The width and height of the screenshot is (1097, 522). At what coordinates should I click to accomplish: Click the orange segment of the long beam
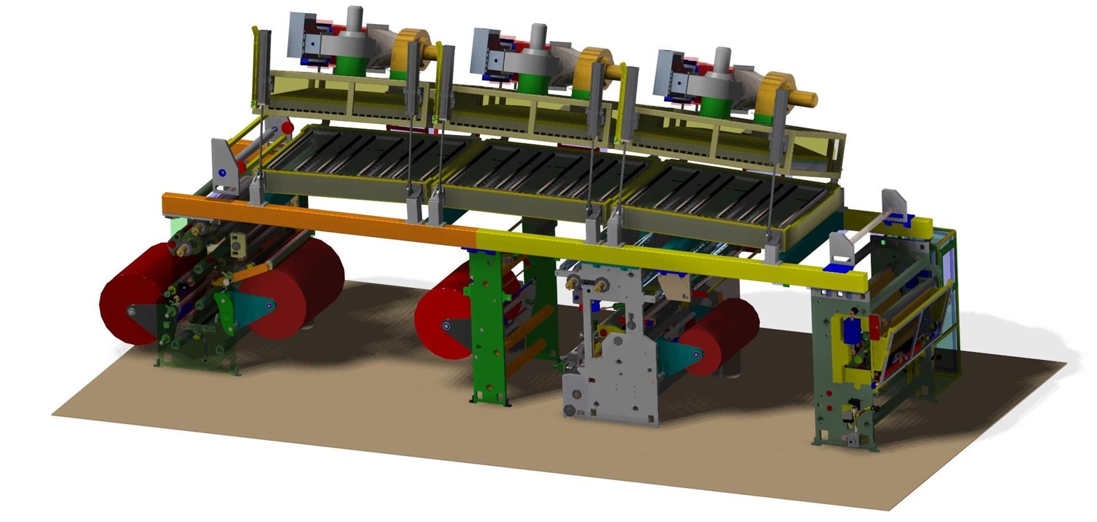pyautogui.click(x=320, y=220)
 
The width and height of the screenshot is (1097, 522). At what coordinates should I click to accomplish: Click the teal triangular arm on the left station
pyautogui.click(x=251, y=308)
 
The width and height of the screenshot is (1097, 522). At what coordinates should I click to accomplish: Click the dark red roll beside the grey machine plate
pyautogui.click(x=723, y=337)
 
